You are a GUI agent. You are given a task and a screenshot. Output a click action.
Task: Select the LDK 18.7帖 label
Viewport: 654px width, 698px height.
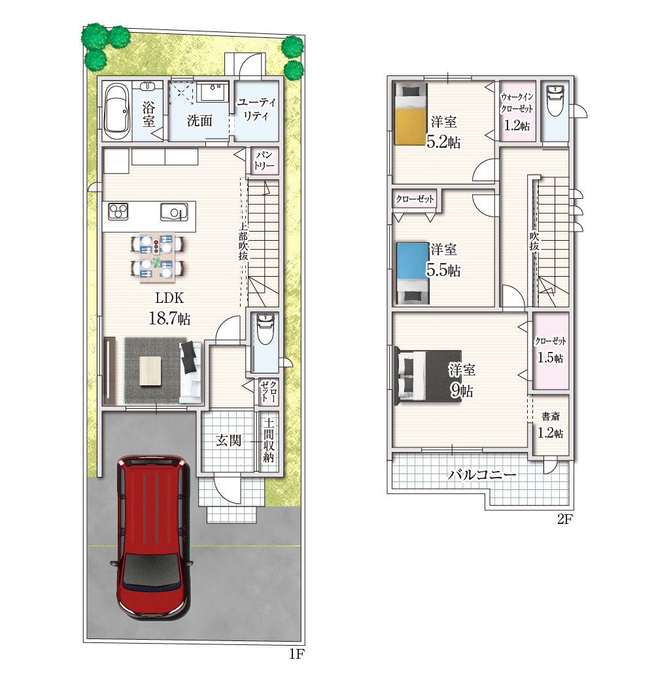(169, 309)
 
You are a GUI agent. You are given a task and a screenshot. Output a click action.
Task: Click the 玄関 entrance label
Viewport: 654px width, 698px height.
(228, 441)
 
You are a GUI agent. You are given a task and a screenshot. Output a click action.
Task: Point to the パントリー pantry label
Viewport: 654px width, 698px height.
(264, 160)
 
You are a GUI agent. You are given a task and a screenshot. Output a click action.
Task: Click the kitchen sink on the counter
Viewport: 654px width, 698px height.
(174, 212)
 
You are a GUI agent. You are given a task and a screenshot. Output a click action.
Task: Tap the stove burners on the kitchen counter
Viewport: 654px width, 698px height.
(118, 211)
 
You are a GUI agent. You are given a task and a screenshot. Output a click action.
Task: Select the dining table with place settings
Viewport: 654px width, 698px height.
(157, 257)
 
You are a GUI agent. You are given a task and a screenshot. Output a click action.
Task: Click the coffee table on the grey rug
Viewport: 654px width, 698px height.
(150, 371)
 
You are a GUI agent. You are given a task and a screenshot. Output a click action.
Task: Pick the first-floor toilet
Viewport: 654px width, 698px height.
(266, 328)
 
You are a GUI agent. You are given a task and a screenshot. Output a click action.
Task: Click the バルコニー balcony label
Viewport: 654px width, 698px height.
(482, 474)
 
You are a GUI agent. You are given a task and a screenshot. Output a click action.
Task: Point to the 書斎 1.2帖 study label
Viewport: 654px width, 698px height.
(550, 425)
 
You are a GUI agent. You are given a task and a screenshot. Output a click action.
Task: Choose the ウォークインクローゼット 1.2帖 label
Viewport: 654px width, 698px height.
(517, 112)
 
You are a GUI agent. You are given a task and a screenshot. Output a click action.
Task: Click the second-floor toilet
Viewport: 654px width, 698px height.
(555, 101)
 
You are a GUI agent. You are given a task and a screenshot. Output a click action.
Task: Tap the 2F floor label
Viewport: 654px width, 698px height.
(565, 519)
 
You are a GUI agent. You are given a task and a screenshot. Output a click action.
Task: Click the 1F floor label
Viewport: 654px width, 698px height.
(297, 654)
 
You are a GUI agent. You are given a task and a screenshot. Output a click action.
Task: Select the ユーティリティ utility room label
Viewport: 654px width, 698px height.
(256, 109)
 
